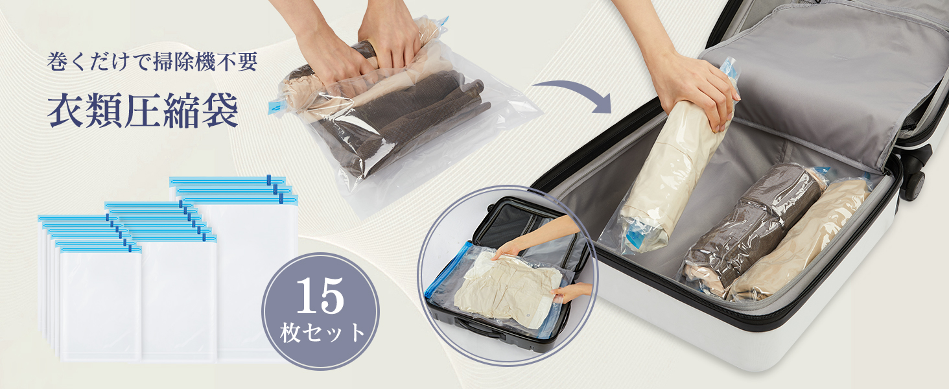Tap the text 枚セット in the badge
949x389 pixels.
322,333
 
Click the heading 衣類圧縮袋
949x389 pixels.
143,111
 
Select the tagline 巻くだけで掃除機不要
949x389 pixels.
152,62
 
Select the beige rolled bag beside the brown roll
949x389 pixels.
801,242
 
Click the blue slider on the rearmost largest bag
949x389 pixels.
268,180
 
